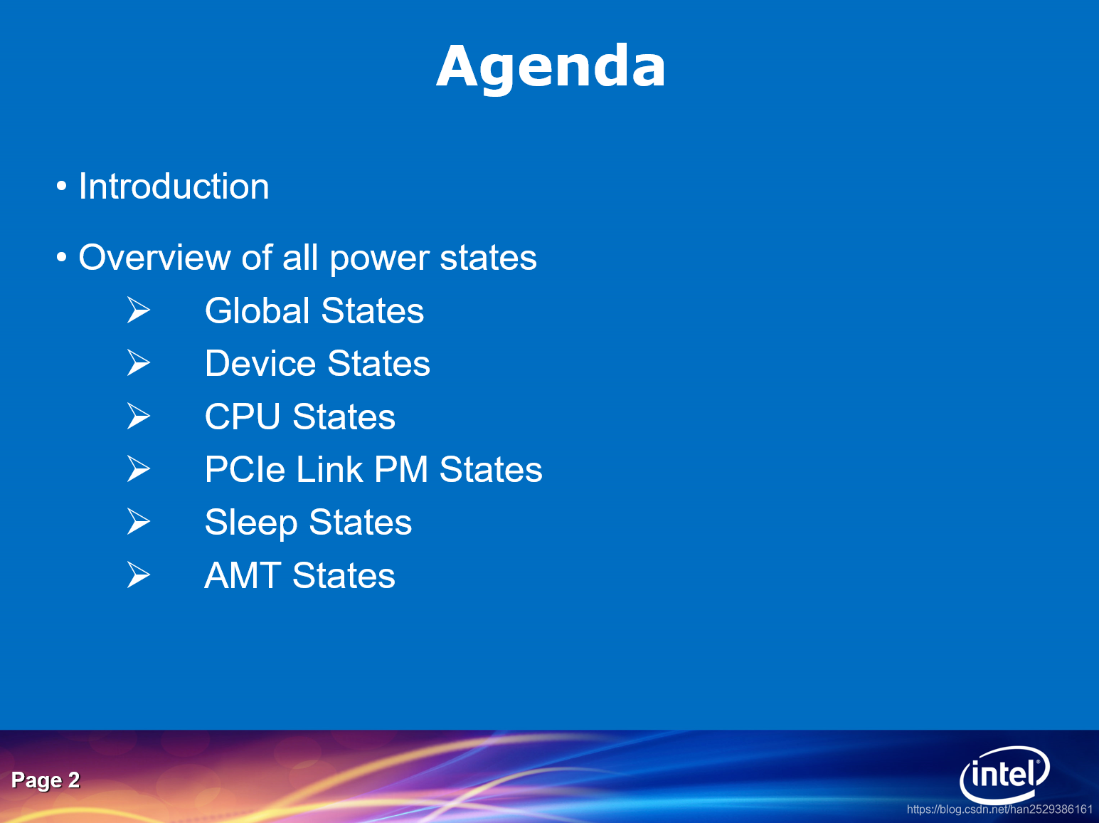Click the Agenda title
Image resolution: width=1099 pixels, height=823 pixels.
pos(551,66)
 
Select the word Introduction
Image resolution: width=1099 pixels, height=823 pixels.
pos(174,187)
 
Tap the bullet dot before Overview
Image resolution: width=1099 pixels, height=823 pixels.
pos(62,257)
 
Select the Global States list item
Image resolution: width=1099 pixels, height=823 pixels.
pos(314,311)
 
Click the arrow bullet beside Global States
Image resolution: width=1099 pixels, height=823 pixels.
pos(139,310)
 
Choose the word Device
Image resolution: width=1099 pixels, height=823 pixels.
pos(260,364)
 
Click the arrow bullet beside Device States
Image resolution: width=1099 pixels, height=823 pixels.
pos(139,362)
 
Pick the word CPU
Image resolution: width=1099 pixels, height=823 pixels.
pos(243,417)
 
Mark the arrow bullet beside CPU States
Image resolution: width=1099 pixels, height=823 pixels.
pos(139,416)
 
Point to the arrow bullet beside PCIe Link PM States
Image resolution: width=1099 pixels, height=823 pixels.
pos(139,468)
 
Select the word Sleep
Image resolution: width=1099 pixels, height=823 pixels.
pos(250,523)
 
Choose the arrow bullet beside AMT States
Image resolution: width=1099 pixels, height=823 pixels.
pos(139,575)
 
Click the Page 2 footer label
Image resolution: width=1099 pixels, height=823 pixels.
pos(46,780)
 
